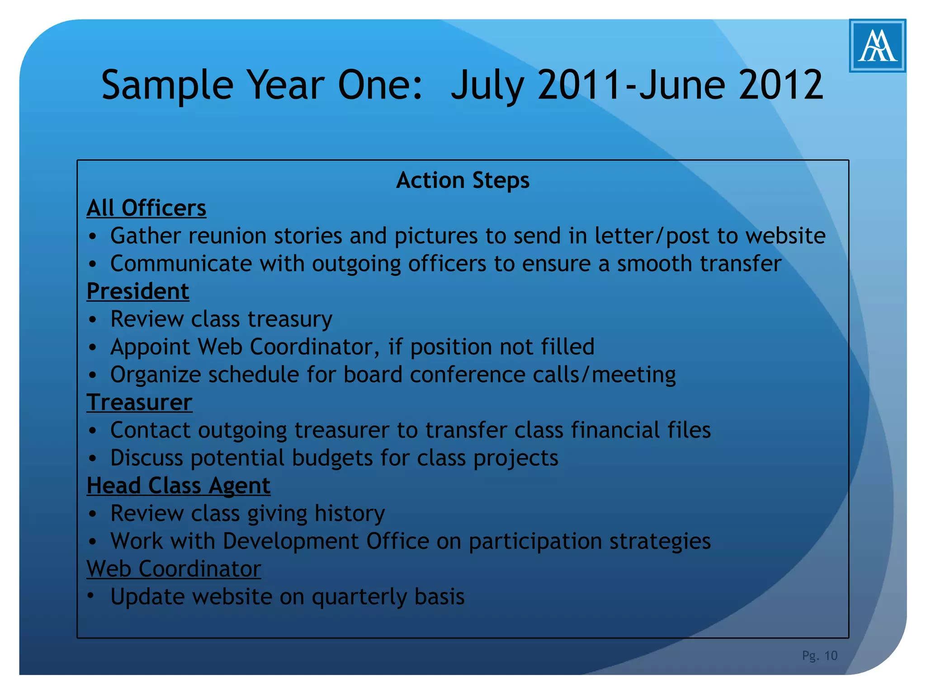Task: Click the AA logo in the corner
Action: tap(877, 46)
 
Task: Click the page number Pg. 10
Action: tap(819, 656)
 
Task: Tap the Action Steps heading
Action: tap(463, 180)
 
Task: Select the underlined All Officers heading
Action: tap(146, 208)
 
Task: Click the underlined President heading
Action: tap(138, 291)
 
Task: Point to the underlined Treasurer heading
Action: tap(139, 403)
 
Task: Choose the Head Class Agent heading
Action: tap(179, 486)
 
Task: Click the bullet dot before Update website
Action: tap(92, 596)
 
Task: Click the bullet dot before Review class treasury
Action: tap(93, 320)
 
